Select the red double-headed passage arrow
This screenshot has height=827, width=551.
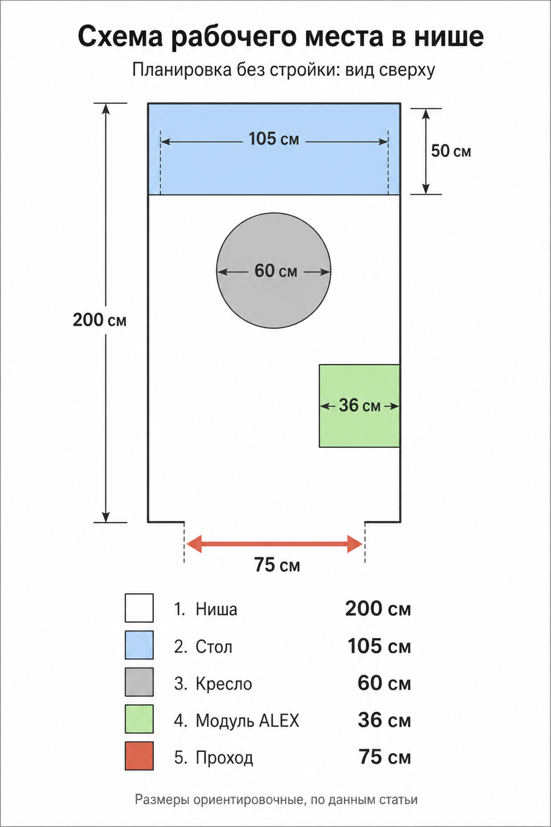point(274,544)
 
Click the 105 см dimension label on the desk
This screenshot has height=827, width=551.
point(274,139)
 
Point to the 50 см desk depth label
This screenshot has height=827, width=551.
point(451,151)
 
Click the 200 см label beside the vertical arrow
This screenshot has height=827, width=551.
point(100,320)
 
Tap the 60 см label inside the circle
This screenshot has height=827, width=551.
point(275,271)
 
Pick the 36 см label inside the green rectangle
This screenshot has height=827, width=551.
point(359,405)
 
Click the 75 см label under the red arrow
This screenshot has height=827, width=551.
point(277,565)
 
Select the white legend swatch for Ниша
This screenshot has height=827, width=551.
point(139,608)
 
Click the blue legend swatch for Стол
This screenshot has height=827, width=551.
point(139,645)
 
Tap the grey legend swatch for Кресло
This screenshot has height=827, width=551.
point(139,682)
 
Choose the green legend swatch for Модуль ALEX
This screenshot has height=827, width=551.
point(139,719)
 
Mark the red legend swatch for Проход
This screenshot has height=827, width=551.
point(139,756)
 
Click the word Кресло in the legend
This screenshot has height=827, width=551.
point(224,684)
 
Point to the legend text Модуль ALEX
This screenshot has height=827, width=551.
point(248,720)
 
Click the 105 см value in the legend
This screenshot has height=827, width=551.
point(379,646)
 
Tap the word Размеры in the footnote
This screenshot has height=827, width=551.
point(162,800)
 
